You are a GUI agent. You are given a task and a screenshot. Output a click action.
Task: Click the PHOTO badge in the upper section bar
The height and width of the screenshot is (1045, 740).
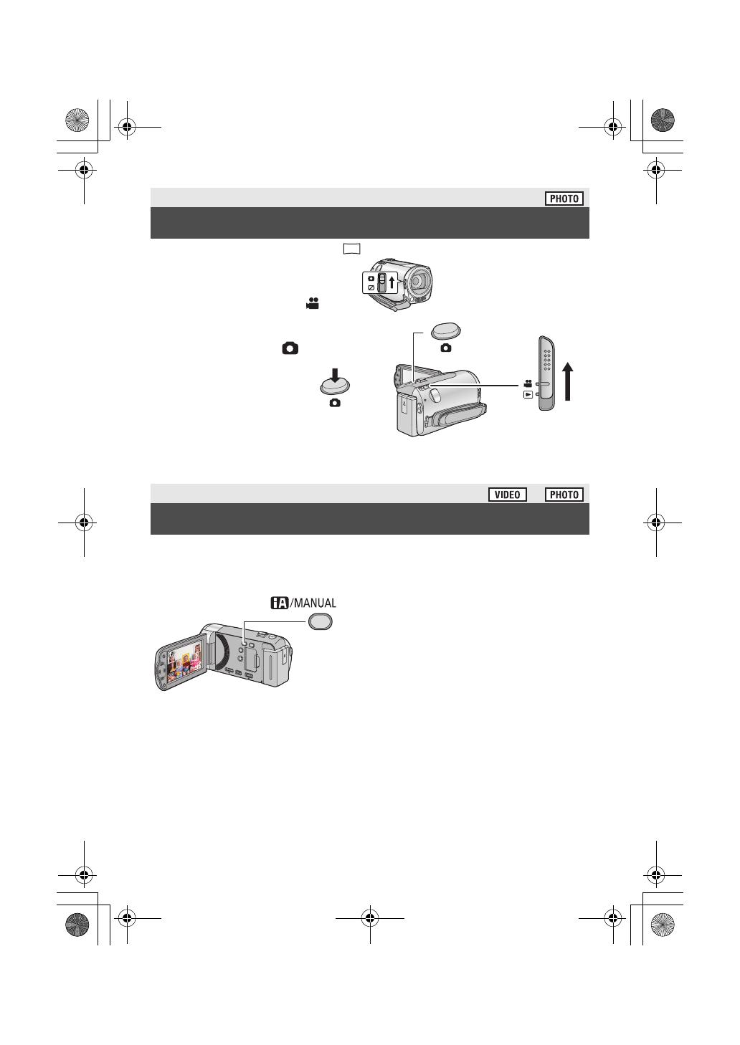coord(564,199)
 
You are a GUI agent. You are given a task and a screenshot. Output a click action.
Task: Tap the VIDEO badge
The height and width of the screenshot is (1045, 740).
coord(507,495)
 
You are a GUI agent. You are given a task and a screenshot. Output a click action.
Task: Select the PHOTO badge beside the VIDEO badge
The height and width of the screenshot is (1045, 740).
coord(564,495)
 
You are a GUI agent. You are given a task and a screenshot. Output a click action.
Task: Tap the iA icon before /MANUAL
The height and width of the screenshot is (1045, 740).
coord(279,603)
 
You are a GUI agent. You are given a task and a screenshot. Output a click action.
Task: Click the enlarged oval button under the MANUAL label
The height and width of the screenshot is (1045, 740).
coord(321,622)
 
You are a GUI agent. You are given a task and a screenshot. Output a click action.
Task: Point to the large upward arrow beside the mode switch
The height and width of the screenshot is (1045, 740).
coord(568,381)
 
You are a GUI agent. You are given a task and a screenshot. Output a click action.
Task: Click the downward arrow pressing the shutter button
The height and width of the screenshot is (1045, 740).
coord(334,376)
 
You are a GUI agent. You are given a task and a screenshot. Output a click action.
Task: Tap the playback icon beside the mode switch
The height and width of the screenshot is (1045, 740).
coord(528,394)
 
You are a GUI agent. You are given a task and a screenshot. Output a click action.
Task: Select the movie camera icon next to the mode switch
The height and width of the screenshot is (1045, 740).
coord(528,383)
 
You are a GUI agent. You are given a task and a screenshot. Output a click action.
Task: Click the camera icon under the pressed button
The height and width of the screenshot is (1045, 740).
coord(334,404)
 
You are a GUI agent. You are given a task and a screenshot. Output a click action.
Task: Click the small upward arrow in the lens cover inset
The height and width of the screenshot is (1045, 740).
coord(392,281)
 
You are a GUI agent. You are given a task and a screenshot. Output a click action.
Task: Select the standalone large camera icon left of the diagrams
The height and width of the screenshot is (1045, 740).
coord(290,348)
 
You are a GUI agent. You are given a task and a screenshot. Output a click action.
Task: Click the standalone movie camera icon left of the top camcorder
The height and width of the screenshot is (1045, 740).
coord(311,304)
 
